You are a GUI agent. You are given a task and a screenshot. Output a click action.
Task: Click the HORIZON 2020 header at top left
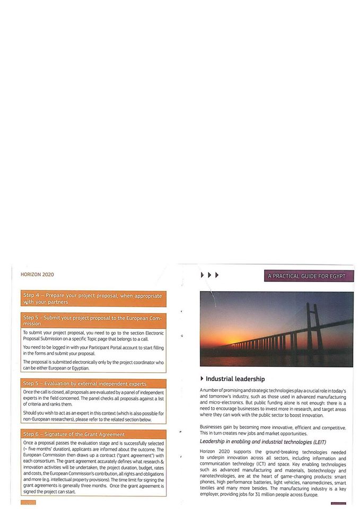coord(37,274)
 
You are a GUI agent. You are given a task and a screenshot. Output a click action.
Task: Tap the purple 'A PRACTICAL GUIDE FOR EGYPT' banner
coord(309,276)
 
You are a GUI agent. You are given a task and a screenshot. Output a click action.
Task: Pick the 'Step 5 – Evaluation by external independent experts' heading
coord(85,383)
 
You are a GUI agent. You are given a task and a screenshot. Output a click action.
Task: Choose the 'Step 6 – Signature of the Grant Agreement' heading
coord(74,434)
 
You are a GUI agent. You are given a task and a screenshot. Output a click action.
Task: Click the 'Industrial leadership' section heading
coord(235,379)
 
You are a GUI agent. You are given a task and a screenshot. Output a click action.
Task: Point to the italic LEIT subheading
coord(262,442)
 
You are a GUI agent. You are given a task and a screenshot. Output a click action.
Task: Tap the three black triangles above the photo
coord(209,275)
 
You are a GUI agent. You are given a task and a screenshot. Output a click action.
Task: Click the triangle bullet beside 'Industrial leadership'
coord(202,379)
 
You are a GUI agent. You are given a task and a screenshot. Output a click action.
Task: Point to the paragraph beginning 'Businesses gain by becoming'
coord(273,430)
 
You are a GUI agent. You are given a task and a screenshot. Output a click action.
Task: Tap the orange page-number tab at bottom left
coord(28,502)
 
